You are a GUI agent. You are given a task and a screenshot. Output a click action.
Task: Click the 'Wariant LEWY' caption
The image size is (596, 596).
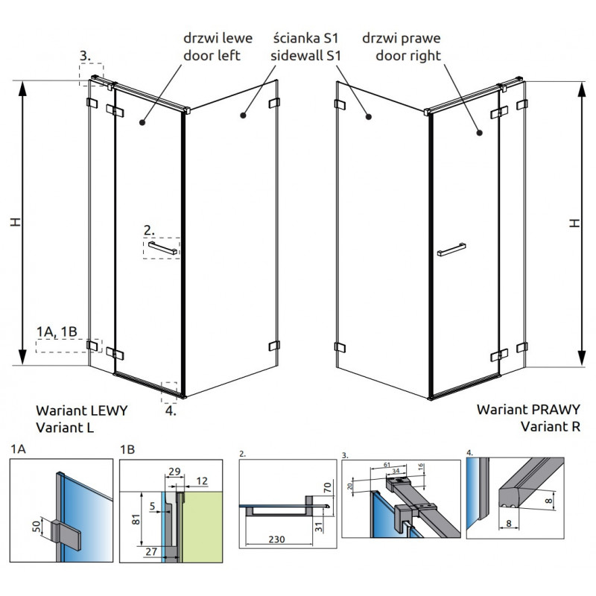(81, 410)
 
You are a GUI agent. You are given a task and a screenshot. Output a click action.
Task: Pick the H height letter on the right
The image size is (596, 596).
(574, 223)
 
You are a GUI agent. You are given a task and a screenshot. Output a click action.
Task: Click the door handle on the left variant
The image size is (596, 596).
(162, 248)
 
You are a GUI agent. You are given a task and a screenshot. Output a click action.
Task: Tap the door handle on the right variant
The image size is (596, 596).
(452, 248)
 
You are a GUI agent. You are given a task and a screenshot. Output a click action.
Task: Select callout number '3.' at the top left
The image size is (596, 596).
(86, 55)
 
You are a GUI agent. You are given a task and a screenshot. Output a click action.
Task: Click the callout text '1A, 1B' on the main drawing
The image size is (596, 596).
(56, 331)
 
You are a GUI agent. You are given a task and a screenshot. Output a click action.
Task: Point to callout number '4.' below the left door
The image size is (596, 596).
(171, 410)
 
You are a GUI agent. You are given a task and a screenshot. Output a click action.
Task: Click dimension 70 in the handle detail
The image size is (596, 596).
(326, 490)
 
